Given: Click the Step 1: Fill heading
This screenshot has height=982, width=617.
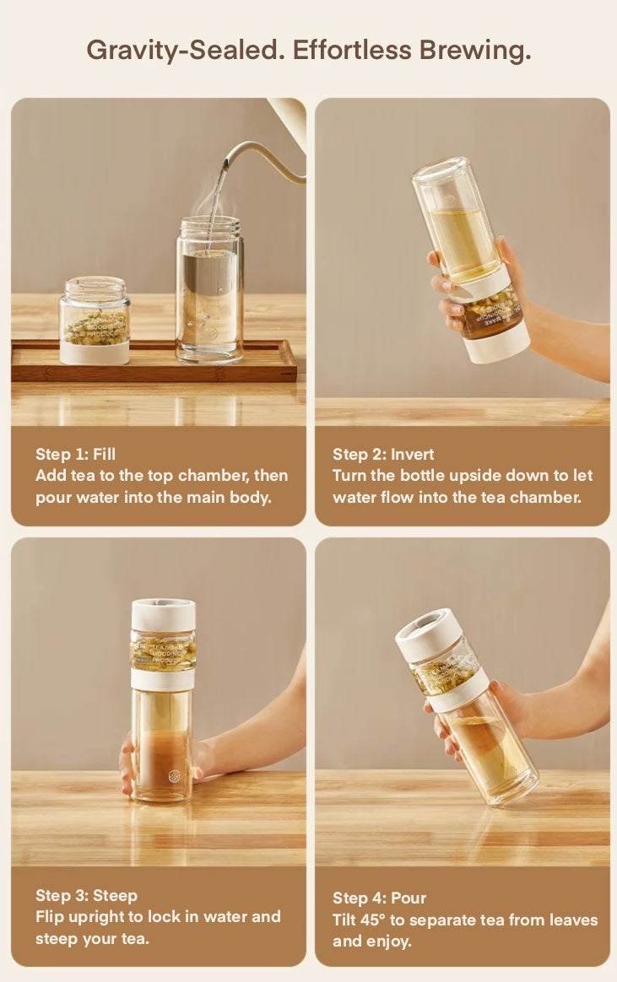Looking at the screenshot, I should click(x=75, y=455).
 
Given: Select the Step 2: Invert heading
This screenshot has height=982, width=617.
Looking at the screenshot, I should click(x=383, y=455).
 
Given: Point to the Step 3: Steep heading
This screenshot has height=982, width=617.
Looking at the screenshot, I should click(x=86, y=895).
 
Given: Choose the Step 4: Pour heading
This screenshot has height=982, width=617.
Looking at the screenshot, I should click(x=379, y=898).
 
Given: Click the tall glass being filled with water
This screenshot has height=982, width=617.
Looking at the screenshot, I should click(x=209, y=291).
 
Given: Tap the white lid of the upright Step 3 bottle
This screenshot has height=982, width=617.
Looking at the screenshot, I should click(x=163, y=614).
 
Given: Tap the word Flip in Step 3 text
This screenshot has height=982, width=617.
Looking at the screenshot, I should click(x=50, y=917).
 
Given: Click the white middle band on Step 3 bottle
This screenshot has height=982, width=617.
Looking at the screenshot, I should click(x=162, y=679).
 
